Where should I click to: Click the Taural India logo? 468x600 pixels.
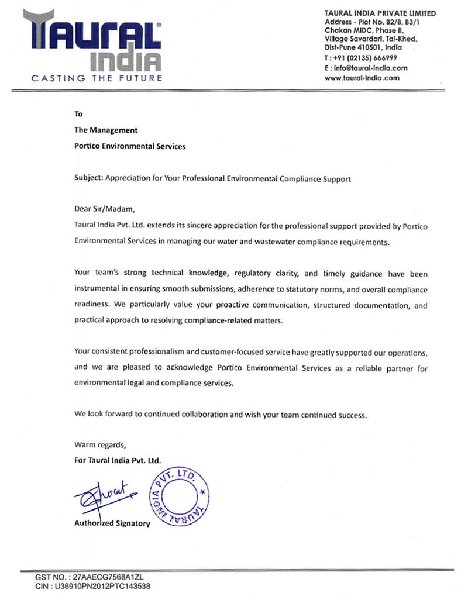click(92, 41)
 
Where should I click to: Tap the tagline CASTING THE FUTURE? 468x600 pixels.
click(97, 78)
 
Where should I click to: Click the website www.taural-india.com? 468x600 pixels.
click(362, 77)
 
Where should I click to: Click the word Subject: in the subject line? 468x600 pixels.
click(88, 179)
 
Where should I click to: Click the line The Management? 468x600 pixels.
click(105, 130)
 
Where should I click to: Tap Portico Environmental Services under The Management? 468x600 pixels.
click(129, 146)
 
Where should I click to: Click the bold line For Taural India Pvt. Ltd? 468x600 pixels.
click(117, 460)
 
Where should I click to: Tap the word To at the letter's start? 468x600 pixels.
click(78, 114)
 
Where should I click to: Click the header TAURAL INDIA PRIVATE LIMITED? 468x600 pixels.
click(380, 13)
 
